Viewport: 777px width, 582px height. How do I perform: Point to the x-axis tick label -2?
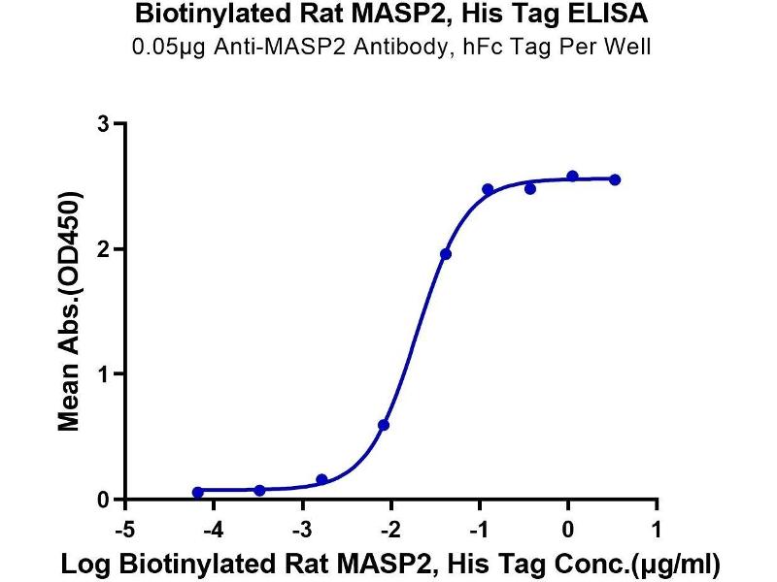tap(388, 531)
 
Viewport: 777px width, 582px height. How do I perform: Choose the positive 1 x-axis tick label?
tap(658, 531)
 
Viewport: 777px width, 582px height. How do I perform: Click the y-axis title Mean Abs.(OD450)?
tap(68, 311)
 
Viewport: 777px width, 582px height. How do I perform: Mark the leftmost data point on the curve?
tap(198, 493)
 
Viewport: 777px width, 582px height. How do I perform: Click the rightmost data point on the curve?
tap(615, 179)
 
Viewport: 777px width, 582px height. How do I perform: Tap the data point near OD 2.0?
tap(445, 254)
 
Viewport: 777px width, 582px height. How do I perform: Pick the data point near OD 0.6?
tap(384, 425)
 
